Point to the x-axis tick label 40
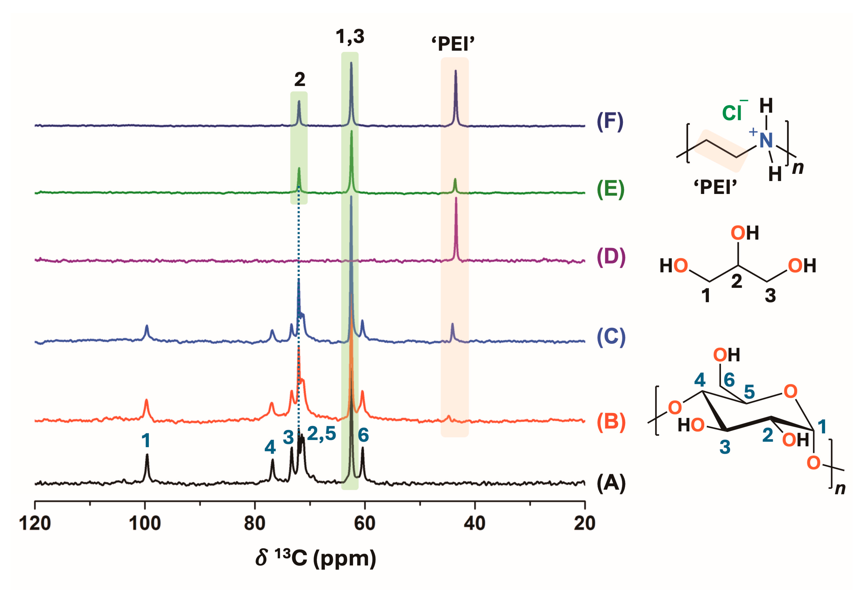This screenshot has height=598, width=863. click(x=474, y=524)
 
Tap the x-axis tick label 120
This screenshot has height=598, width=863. click(x=35, y=524)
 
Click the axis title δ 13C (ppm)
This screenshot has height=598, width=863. click(x=316, y=558)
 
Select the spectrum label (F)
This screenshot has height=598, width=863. click(x=610, y=122)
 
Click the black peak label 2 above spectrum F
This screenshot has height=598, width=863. click(x=299, y=79)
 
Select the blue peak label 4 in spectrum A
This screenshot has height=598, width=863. click(x=270, y=447)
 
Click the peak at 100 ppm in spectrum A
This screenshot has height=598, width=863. click(x=147, y=455)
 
